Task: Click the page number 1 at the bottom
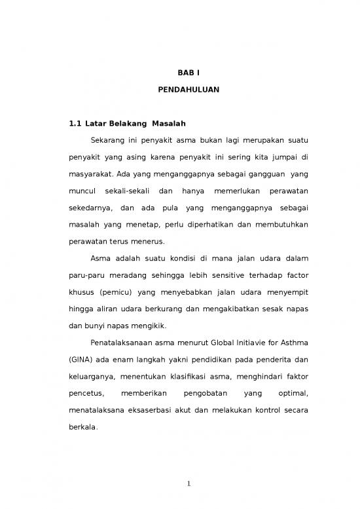[x=188, y=484]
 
